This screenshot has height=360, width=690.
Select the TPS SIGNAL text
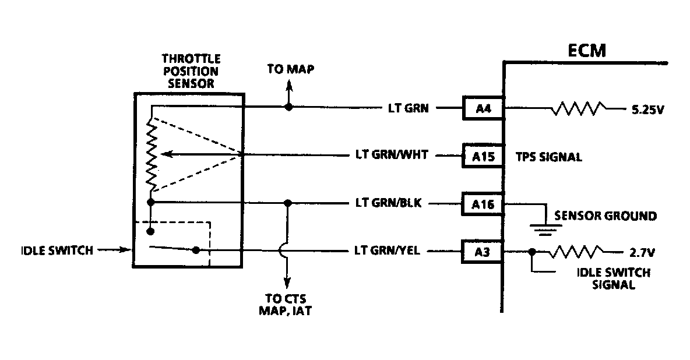click(x=548, y=157)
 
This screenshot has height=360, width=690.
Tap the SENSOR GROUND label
click(x=605, y=216)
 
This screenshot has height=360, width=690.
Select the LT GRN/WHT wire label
click(x=392, y=156)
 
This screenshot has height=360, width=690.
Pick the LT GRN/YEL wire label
click(x=388, y=252)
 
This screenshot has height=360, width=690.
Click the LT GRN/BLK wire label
click(x=388, y=203)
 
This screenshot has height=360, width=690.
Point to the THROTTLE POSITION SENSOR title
click(x=191, y=71)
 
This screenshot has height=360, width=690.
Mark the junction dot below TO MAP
click(x=287, y=108)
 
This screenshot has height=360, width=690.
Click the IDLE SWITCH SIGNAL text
click(x=613, y=278)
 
